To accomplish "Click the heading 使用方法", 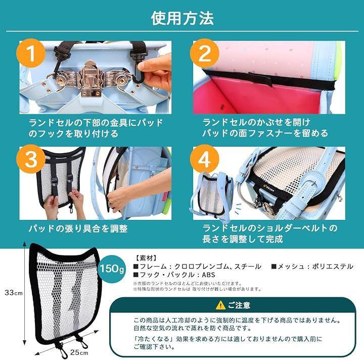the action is pyautogui.click(x=182, y=18).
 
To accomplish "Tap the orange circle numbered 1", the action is pyautogui.click(x=31, y=53).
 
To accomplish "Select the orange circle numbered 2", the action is pyautogui.click(x=204, y=53).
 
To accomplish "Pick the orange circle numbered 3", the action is pyautogui.click(x=31, y=159).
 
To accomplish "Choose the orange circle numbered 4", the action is pyautogui.click(x=204, y=159).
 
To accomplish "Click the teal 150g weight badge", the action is pyautogui.click(x=112, y=269).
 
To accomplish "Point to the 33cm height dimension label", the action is pyautogui.click(x=14, y=293).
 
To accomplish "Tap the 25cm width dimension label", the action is pyautogui.click(x=79, y=352).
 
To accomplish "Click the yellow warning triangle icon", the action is pyautogui.click(x=220, y=305).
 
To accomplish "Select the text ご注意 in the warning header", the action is pyautogui.click(x=239, y=305).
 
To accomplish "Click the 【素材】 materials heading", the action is pyautogui.click(x=146, y=258).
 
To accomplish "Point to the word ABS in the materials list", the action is pyautogui.click(x=208, y=275).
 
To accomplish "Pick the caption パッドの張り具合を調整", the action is pyautogui.click(x=78, y=229).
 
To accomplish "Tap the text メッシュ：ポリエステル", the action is pyautogui.click(x=312, y=266).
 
